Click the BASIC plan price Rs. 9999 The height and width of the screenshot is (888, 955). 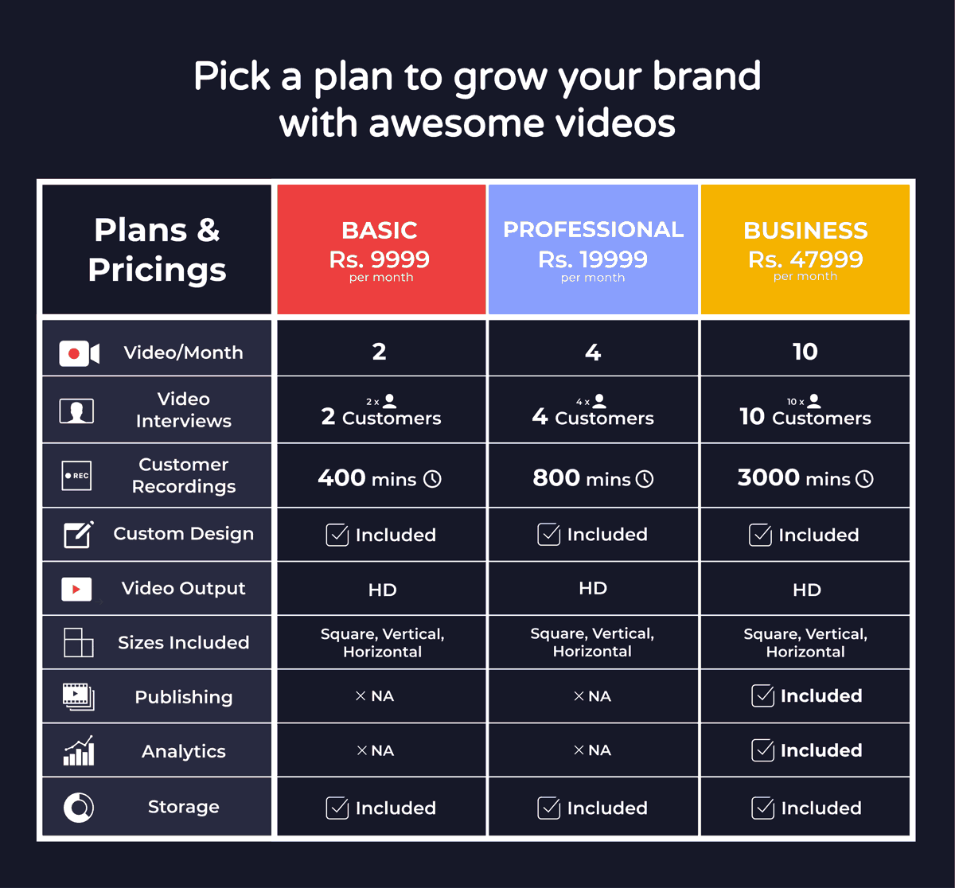[x=379, y=259]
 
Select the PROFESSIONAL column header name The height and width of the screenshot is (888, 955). [x=593, y=229]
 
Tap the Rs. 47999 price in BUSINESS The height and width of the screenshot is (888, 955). [x=805, y=259]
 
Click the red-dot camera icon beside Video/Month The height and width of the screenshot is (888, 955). [x=79, y=353]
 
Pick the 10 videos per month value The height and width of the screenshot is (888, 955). [x=805, y=352]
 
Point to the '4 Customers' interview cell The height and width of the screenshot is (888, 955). [x=593, y=416]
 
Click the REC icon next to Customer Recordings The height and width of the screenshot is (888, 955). [x=76, y=476]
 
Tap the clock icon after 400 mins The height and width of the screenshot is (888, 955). [x=432, y=479]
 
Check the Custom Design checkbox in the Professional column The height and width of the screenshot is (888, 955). [x=548, y=534]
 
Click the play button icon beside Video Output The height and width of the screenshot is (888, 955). [x=76, y=589]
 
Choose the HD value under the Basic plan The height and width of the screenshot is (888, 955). [x=382, y=590]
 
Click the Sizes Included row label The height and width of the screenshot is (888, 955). [x=184, y=642]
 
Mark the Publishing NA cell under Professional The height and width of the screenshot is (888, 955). [x=592, y=695]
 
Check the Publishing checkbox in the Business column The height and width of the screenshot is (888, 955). [x=762, y=695]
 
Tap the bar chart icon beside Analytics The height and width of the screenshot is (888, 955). [x=79, y=750]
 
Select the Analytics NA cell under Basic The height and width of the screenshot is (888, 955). [x=376, y=750]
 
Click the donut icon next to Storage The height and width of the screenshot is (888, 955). [x=78, y=807]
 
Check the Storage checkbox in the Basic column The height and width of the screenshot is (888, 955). [x=337, y=808]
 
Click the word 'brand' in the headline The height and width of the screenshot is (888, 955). [x=707, y=76]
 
